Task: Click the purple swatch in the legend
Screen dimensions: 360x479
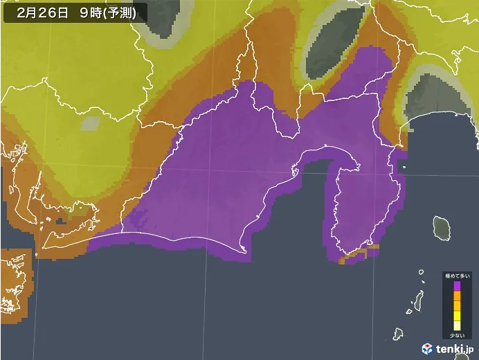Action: (x=456, y=285)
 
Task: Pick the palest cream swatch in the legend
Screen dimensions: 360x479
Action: (x=456, y=325)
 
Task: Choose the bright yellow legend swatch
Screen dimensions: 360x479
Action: (x=456, y=315)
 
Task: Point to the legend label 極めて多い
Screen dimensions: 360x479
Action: (x=456, y=276)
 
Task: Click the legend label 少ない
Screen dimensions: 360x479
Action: (x=456, y=335)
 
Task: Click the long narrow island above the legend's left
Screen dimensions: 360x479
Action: (x=418, y=300)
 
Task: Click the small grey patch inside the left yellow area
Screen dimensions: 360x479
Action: (x=90, y=124)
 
